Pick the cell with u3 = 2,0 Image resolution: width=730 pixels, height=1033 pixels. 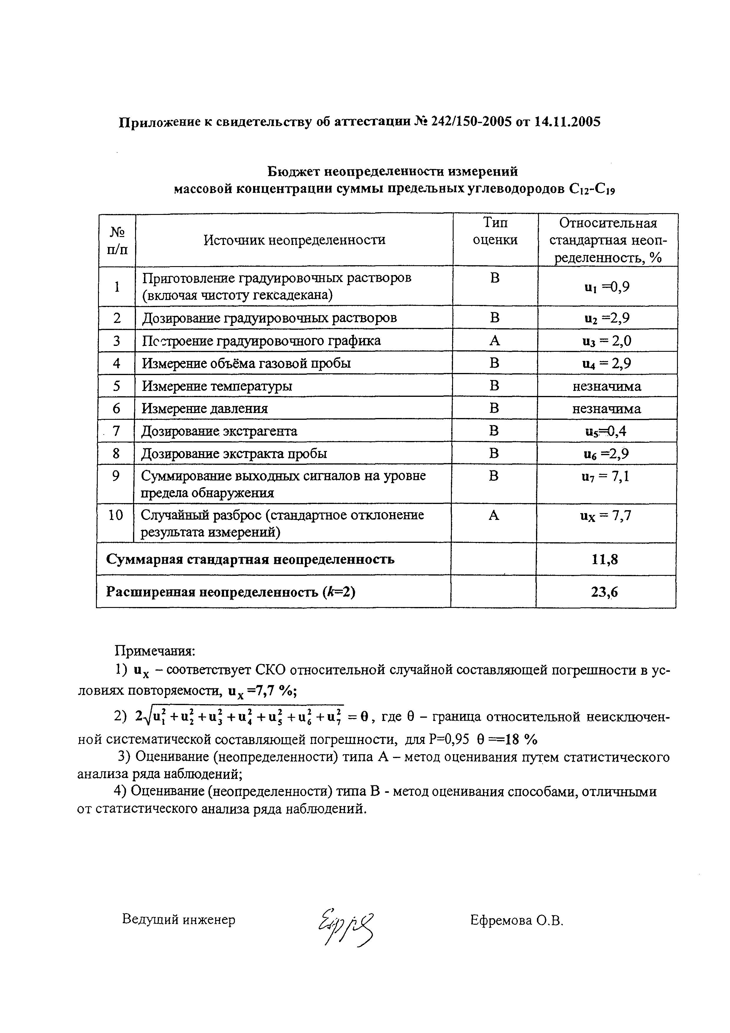[x=606, y=341]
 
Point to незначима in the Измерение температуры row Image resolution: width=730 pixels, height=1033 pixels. [x=606, y=386]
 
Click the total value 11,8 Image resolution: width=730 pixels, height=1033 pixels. [x=605, y=559]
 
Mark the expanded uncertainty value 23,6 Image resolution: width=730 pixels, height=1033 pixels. [x=605, y=592]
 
